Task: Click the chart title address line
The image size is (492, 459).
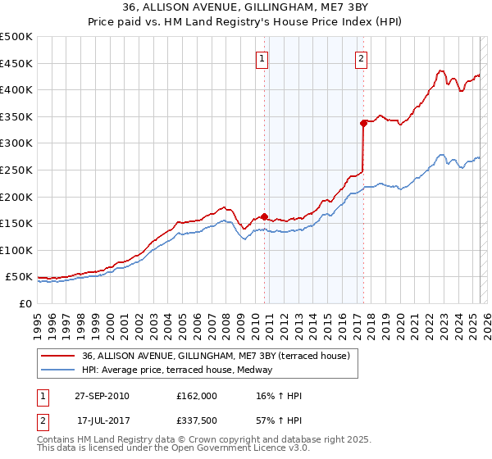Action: pos(246,8)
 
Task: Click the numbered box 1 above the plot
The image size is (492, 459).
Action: pos(262,57)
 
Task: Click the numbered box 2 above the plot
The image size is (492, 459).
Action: pos(361,57)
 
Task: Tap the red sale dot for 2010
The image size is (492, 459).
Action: pos(264,217)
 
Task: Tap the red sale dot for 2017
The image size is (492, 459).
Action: pos(362,124)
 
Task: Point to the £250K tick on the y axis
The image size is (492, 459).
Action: pos(16,170)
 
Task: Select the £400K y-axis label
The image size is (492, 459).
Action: pos(16,89)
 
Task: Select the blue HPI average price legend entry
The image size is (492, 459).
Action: pos(180,370)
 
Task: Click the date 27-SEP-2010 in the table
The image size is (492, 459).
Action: pos(102,396)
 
